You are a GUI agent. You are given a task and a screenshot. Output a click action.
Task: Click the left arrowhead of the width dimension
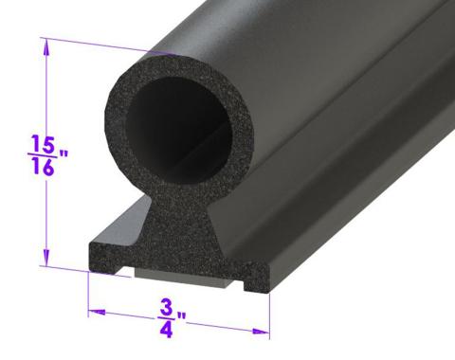[x=92, y=310]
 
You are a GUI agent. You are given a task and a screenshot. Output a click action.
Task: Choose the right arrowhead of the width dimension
[x=256, y=329]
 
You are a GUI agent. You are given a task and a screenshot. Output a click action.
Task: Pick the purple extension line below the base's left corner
[x=88, y=289]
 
